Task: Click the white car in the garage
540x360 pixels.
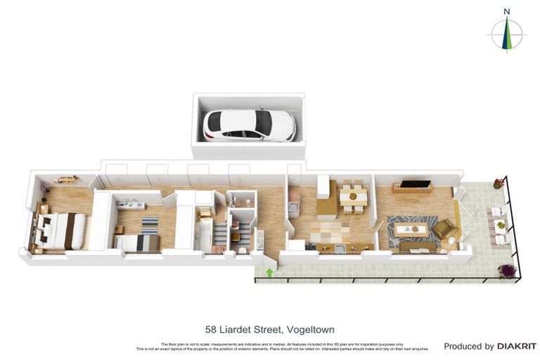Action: coord(249,125)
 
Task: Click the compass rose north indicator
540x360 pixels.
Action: coord(506,33)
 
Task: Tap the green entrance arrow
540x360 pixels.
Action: coord(269,272)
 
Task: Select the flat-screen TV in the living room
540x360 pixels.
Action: coord(416,185)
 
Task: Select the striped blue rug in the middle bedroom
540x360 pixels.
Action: coord(150,225)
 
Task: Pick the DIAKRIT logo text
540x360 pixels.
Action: coord(516,346)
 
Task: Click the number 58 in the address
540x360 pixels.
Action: coord(211,329)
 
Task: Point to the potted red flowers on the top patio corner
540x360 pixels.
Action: coord(499,184)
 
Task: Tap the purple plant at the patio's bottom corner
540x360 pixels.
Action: coord(506,270)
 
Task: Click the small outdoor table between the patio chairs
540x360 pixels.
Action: coord(501,226)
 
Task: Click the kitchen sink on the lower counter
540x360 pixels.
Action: coord(340,247)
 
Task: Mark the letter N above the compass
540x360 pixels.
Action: coord(506,11)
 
